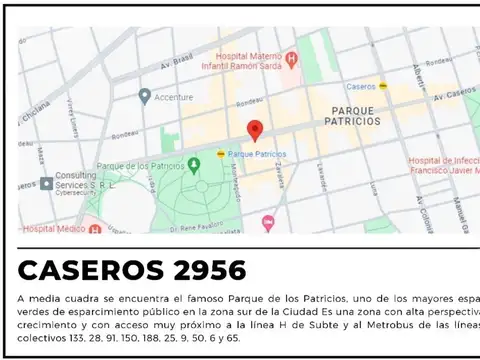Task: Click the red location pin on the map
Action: tap(255, 130)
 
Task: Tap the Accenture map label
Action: tap(175, 96)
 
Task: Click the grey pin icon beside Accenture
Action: tap(145, 96)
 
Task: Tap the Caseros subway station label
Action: tap(363, 87)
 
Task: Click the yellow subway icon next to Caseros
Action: tap(384, 87)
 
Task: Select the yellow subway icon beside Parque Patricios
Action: tap(221, 154)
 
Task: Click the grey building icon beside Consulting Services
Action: tap(46, 184)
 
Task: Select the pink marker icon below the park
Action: tap(267, 222)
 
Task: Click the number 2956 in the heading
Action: tap(204, 270)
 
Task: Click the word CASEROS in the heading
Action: tap(89, 270)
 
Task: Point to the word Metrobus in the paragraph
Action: tap(384, 325)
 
